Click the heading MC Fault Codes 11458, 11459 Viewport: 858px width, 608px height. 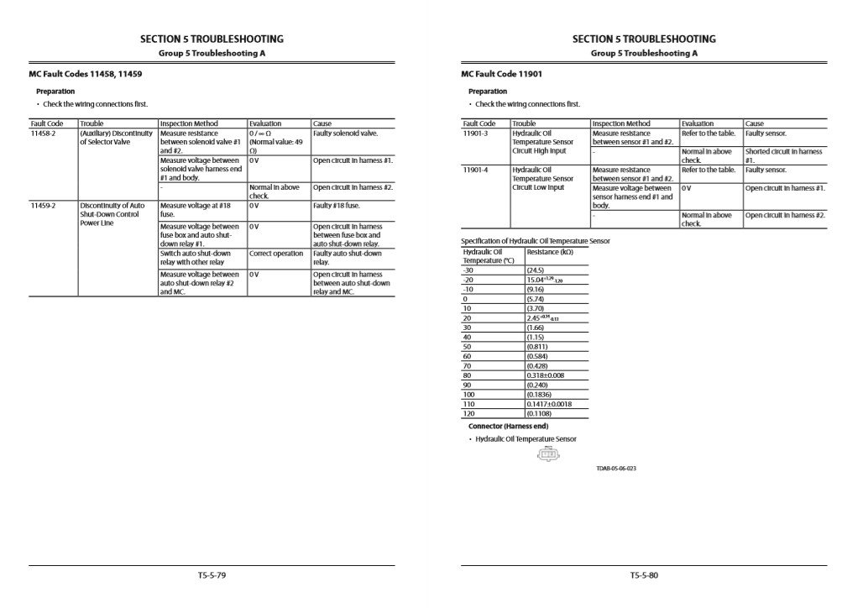coord(86,74)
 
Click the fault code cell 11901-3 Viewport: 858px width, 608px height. coord(475,134)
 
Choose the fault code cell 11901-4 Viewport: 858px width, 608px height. coord(475,170)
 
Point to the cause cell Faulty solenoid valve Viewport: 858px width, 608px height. coord(345,134)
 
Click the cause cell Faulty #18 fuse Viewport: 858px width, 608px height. coord(336,205)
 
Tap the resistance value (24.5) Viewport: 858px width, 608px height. coord(535,270)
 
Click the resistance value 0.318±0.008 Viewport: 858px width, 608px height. coord(546,375)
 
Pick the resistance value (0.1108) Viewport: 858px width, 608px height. coord(539,414)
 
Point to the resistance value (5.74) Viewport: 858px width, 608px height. coord(535,299)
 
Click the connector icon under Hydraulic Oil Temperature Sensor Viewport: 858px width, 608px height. coord(547,456)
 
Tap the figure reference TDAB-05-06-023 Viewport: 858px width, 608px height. coord(616,469)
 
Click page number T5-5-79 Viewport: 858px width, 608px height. coord(211,576)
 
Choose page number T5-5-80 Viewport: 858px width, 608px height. coord(644,576)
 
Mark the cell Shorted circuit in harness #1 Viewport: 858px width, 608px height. coord(783,155)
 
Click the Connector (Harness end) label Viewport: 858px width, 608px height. coord(508,427)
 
